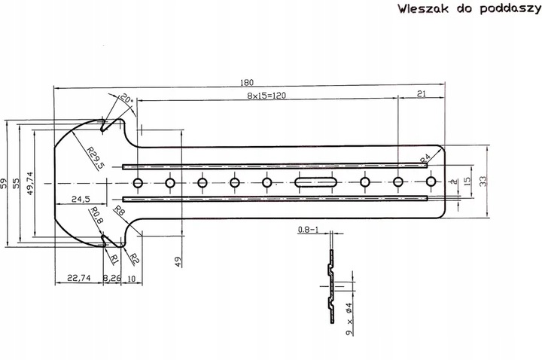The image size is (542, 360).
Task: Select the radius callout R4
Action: (425, 157)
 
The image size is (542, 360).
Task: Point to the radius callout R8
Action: (118, 212)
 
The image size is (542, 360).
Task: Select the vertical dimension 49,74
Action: (29, 183)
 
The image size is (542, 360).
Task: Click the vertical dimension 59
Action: (4, 183)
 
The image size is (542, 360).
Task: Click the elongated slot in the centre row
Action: (315, 182)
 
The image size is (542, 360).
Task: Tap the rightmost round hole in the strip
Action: (431, 182)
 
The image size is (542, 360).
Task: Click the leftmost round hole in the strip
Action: (138, 182)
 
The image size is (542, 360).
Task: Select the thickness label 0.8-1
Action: (309, 229)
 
